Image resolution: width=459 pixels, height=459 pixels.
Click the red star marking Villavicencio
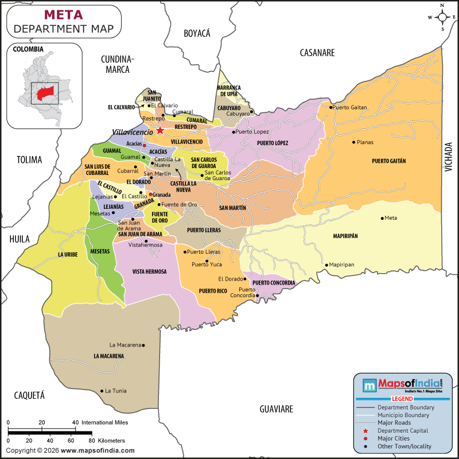160,131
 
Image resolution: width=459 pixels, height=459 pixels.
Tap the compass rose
442,17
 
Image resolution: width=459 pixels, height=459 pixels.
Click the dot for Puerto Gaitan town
330,107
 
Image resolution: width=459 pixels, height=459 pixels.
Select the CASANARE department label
317,53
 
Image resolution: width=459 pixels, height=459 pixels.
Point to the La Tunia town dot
102,391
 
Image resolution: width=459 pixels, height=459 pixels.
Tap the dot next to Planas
353,142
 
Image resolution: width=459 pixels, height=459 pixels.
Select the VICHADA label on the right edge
449,157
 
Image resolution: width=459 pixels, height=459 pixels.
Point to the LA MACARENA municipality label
108,356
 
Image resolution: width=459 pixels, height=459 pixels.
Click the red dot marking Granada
150,195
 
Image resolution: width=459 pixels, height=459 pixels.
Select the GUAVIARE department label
276,409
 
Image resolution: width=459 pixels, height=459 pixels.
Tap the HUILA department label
19,240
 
